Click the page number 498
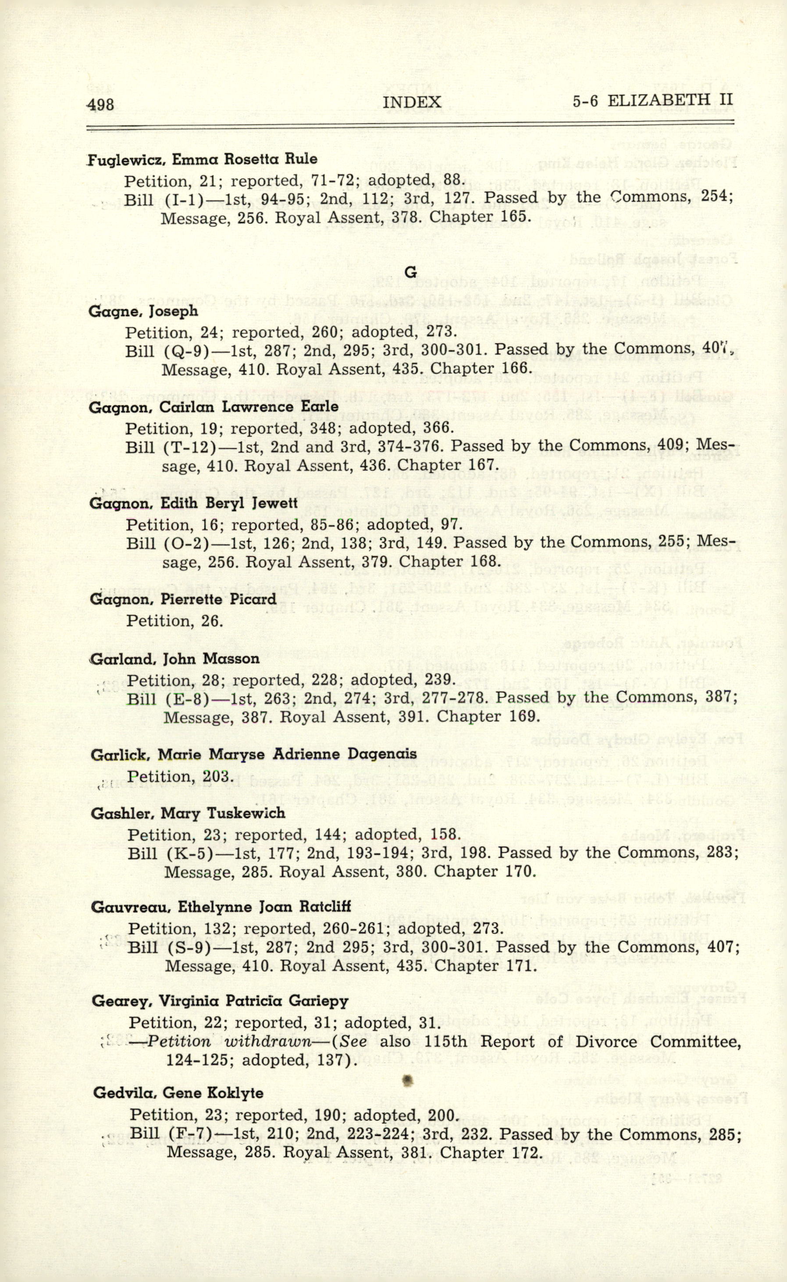point(101,104)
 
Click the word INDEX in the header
point(412,103)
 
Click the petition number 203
point(210,776)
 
